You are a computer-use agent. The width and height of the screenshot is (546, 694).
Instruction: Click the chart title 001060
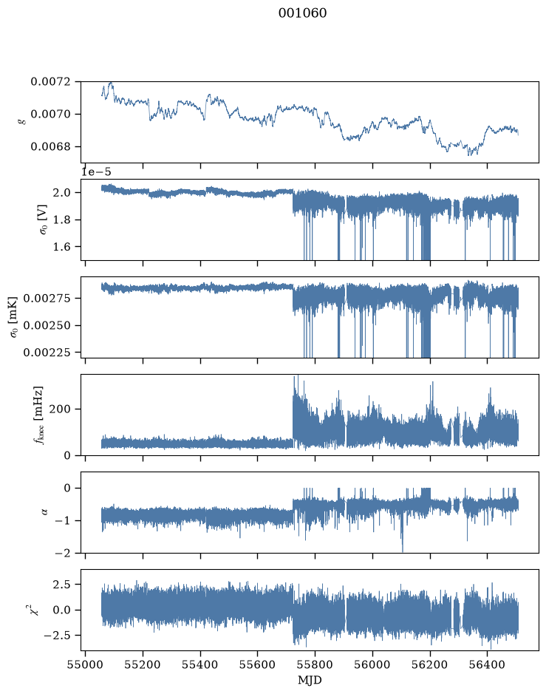(x=303, y=13)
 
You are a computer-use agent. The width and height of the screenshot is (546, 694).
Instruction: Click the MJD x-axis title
(x=310, y=680)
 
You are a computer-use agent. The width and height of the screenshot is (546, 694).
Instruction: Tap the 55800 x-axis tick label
(x=315, y=664)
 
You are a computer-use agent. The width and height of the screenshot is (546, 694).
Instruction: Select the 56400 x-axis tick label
(x=487, y=664)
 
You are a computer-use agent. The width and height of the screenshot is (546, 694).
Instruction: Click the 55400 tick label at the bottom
(x=200, y=664)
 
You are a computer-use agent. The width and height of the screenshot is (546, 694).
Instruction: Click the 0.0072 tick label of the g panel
(x=50, y=81)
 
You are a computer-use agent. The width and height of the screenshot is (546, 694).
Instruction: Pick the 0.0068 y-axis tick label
(x=50, y=146)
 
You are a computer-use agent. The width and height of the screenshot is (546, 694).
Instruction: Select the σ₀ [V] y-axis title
(x=44, y=219)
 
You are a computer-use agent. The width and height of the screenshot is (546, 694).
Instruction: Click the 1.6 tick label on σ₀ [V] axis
(x=61, y=247)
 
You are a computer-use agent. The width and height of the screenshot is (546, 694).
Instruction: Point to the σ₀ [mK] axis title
(x=14, y=317)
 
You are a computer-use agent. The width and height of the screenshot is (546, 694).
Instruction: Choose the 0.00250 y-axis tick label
(x=47, y=325)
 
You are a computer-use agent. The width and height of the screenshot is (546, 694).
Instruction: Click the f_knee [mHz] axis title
(x=39, y=415)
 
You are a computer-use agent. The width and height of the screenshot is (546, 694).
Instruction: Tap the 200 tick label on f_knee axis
(x=60, y=409)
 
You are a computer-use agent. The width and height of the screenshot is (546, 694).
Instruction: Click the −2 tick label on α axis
(x=63, y=553)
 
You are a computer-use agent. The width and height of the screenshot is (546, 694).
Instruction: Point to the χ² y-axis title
(x=34, y=610)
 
